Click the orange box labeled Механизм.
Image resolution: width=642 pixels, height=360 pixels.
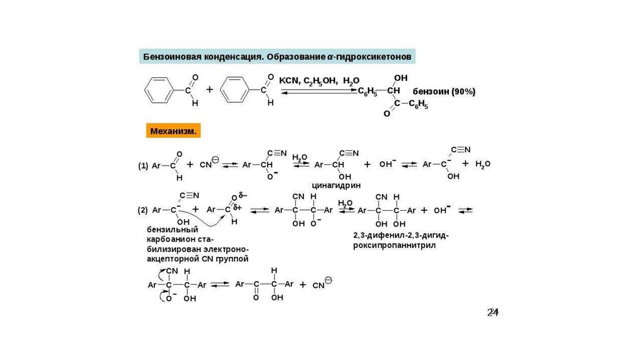click(174, 132)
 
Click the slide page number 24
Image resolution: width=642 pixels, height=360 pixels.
click(493, 312)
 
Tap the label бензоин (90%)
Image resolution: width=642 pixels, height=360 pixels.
click(444, 92)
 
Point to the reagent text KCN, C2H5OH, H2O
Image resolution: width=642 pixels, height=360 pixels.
click(319, 80)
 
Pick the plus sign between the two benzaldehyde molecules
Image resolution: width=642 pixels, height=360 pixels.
click(209, 90)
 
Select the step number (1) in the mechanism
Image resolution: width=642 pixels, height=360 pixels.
click(143, 166)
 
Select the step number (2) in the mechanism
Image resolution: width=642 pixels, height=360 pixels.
click(143, 210)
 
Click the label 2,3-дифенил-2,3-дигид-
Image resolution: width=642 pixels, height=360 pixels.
click(401, 235)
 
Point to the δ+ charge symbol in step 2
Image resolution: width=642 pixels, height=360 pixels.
click(238, 207)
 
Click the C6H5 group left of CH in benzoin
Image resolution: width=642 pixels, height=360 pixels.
click(368, 92)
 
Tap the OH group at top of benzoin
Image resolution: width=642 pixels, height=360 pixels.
click(400, 78)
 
